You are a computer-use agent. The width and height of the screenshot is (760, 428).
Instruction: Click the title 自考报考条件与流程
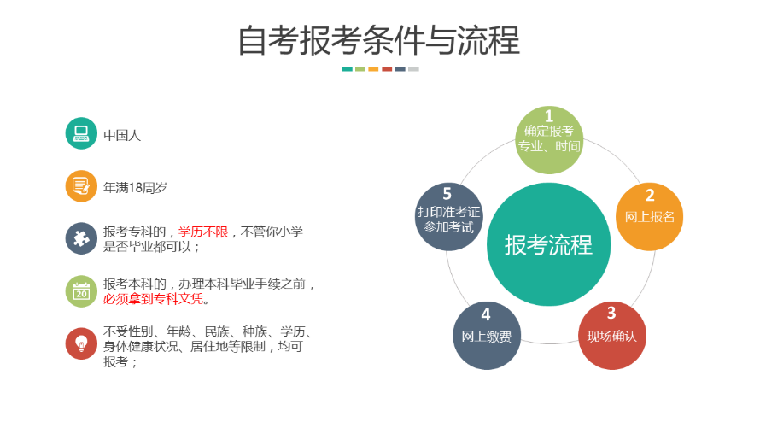click(379, 40)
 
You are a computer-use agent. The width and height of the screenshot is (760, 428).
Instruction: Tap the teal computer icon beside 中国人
click(81, 133)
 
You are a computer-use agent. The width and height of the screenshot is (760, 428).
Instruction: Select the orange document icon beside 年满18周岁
click(81, 185)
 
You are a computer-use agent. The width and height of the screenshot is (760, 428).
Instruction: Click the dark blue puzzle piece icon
click(81, 238)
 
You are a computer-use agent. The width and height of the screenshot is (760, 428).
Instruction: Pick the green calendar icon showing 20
click(81, 291)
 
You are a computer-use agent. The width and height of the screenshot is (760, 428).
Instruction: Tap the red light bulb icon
click(81, 343)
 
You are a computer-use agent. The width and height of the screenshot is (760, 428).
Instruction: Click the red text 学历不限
click(203, 232)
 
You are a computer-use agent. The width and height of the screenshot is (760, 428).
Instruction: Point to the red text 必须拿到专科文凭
click(153, 299)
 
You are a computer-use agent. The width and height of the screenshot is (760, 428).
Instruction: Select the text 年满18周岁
click(135, 188)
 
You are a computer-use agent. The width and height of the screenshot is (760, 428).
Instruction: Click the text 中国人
click(122, 135)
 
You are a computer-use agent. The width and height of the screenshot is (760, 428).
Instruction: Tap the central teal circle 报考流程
click(549, 244)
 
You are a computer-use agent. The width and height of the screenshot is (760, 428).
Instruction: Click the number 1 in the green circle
click(549, 116)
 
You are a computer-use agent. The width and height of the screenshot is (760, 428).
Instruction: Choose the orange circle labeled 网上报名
click(650, 217)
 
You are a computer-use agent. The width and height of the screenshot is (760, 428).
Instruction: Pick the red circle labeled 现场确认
click(612, 336)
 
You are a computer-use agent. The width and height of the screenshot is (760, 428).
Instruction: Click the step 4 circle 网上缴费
click(487, 336)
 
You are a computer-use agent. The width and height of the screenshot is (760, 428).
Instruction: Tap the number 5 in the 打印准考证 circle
click(447, 194)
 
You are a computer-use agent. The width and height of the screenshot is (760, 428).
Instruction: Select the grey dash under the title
click(413, 69)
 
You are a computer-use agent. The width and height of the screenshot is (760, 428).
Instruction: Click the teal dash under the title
click(347, 69)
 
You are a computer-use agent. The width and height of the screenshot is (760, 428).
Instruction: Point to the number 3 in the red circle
click(611, 313)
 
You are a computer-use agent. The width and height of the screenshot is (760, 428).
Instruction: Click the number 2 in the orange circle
click(650, 196)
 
